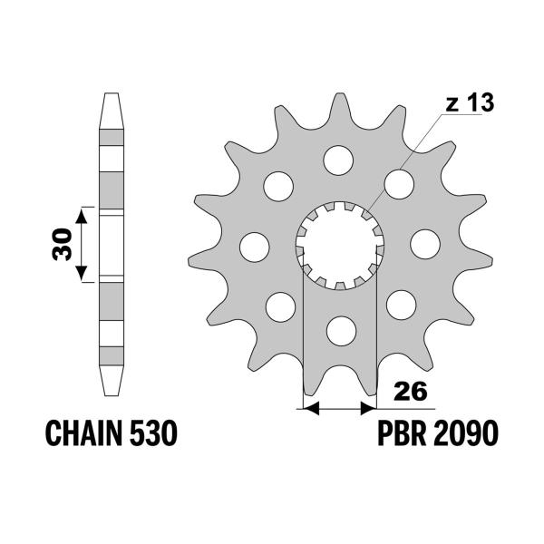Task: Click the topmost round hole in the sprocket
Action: [x=338, y=160]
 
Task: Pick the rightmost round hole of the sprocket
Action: [x=423, y=244]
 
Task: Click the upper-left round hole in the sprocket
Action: [x=278, y=185]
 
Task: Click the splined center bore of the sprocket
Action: [x=339, y=245]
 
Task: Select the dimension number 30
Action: [x=62, y=244]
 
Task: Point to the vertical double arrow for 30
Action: [x=82, y=244]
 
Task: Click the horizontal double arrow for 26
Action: [x=338, y=408]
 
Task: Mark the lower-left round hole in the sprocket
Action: [x=279, y=305]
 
